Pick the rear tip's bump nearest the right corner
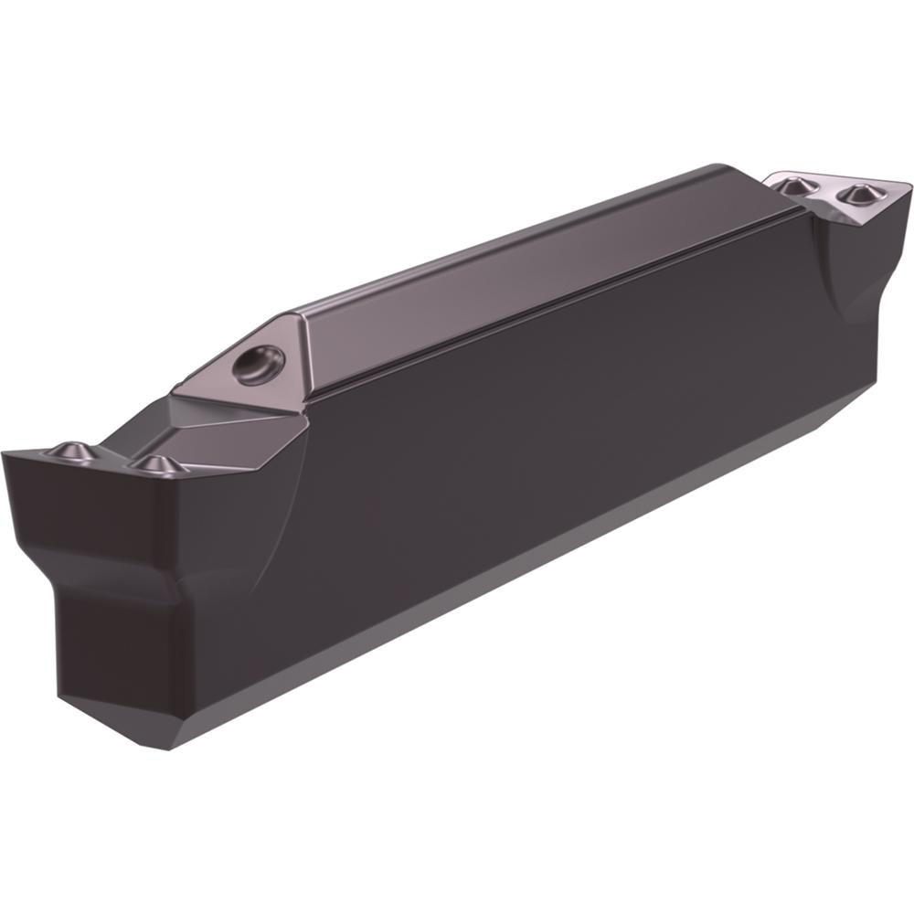pyautogui.click(x=857, y=194)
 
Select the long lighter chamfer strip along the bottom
pyautogui.click(x=548, y=567)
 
